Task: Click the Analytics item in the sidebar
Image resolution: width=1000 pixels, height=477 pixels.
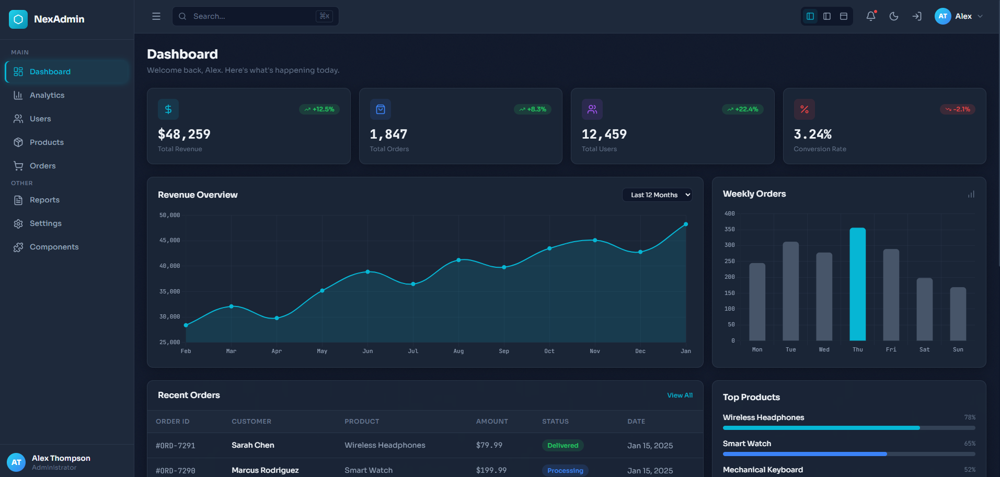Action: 47,95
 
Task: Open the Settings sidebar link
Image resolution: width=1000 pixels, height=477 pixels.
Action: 45,223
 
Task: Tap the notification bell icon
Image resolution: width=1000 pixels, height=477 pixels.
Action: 870,16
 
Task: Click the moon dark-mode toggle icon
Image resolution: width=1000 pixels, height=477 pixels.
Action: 894,16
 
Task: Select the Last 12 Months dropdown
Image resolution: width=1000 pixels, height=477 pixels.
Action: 657,195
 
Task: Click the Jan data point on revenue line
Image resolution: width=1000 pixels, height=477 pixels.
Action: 686,224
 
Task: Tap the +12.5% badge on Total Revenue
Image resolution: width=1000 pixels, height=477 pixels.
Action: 319,109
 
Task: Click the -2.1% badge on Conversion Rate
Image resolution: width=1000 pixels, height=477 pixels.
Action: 958,109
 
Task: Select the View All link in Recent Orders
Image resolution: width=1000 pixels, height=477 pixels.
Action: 680,395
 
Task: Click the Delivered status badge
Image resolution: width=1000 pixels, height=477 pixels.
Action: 562,446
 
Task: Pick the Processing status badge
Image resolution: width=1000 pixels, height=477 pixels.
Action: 565,470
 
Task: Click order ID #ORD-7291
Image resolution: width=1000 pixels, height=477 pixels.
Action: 175,446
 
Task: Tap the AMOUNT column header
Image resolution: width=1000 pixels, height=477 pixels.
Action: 492,422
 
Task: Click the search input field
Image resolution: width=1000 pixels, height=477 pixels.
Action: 251,16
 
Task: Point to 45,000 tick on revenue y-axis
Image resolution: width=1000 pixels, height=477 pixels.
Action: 169,241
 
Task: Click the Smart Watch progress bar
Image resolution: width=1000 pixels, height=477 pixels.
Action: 848,454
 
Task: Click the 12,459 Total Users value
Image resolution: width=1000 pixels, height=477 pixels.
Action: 604,134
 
